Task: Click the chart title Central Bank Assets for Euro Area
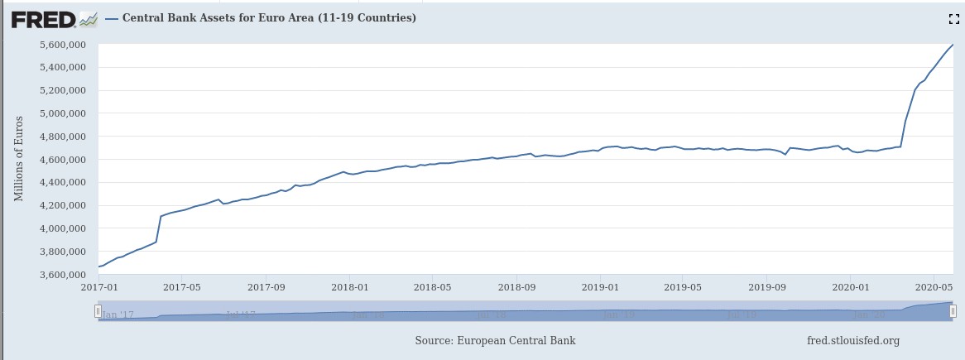click(269, 17)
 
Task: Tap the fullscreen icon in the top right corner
click(953, 18)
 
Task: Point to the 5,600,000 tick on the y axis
click(65, 45)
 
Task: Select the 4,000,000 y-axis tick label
click(65, 228)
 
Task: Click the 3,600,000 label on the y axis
click(65, 275)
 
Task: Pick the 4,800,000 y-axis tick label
click(65, 137)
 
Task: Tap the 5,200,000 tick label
click(65, 90)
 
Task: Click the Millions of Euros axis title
click(19, 158)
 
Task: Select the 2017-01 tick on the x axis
click(98, 287)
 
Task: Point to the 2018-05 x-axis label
click(432, 287)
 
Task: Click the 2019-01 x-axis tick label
click(599, 287)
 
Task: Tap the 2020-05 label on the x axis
click(934, 287)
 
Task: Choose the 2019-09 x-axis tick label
click(766, 287)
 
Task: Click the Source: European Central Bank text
click(495, 340)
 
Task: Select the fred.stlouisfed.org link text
click(852, 340)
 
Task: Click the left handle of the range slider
click(98, 311)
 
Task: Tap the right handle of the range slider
click(953, 311)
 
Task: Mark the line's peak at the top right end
click(953, 45)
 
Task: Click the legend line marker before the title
click(112, 18)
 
